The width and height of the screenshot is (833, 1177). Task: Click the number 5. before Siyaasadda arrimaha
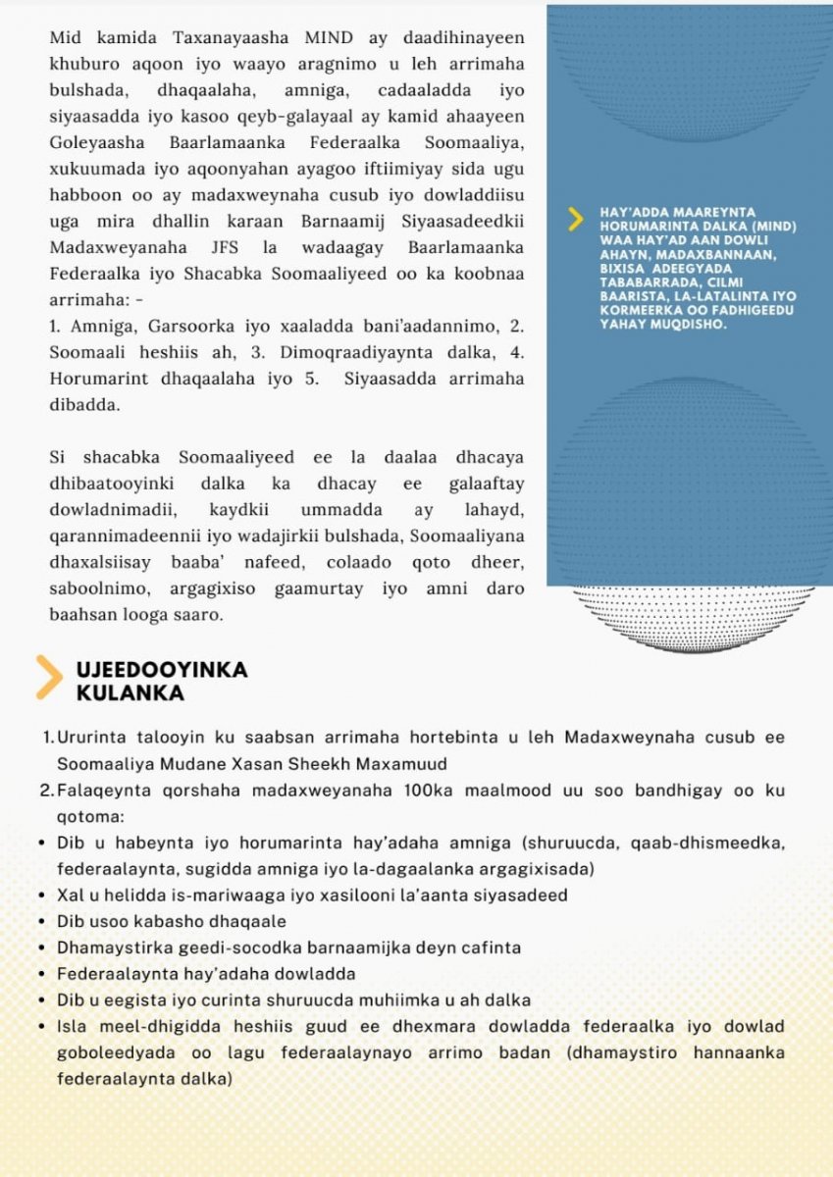311,378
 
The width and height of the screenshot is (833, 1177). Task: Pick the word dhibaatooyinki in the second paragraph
106,484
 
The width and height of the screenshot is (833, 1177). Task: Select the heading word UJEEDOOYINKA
162,671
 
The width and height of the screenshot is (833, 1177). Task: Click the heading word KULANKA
130,693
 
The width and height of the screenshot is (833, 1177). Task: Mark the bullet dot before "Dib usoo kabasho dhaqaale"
39,923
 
